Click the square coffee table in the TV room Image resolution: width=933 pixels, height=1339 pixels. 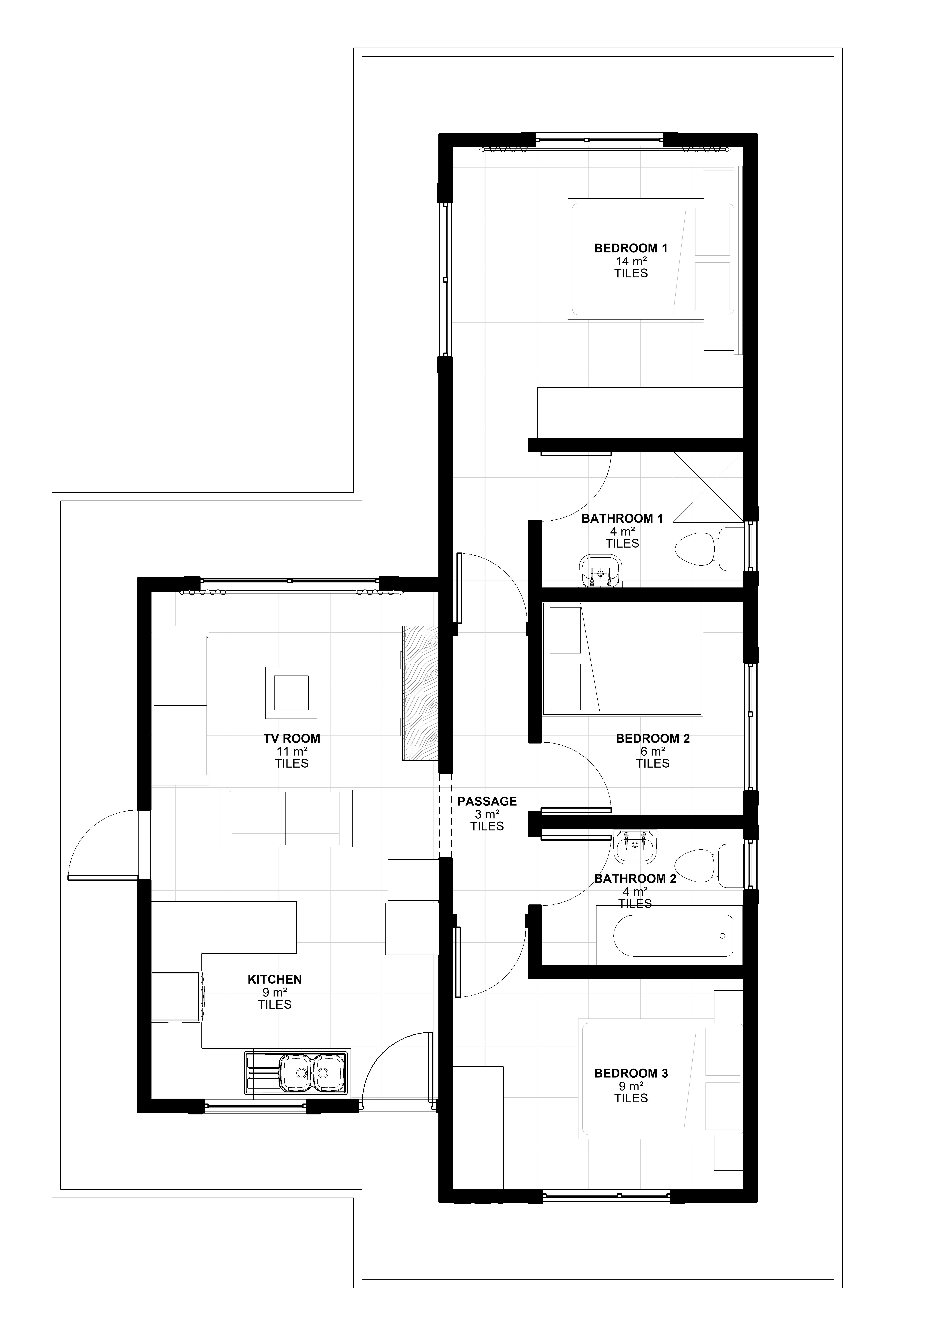(x=291, y=693)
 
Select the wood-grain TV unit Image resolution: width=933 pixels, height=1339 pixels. (x=420, y=693)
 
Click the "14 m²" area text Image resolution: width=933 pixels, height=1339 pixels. (x=631, y=261)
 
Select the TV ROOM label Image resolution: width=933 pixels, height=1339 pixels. (x=291, y=738)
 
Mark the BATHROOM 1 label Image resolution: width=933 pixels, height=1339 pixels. (x=622, y=518)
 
